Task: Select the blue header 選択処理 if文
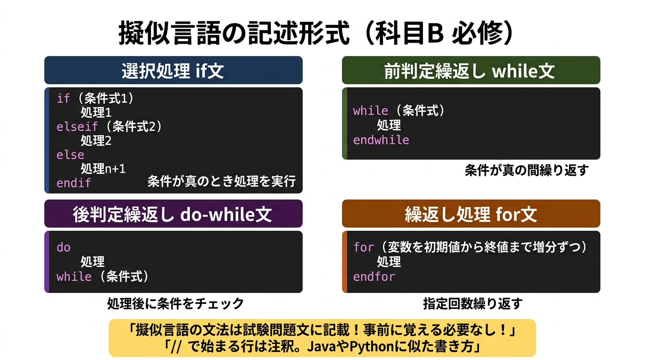pos(173,71)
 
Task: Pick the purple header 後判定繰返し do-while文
pos(173,214)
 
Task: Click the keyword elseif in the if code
pos(77,127)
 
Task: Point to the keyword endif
pos(74,183)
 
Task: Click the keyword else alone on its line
pos(70,155)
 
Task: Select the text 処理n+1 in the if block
pos(103,168)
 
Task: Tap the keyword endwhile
pos(381,140)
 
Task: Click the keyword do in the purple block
pos(63,247)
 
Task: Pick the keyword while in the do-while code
pos(74,277)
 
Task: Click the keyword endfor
pos(374,277)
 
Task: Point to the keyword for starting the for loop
pos(363,247)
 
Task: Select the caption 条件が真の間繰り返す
pos(526,170)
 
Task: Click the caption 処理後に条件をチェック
pos(176,304)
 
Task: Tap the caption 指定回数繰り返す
pos(472,304)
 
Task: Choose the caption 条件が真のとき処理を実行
pos(222,181)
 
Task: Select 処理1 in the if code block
pos(96,112)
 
